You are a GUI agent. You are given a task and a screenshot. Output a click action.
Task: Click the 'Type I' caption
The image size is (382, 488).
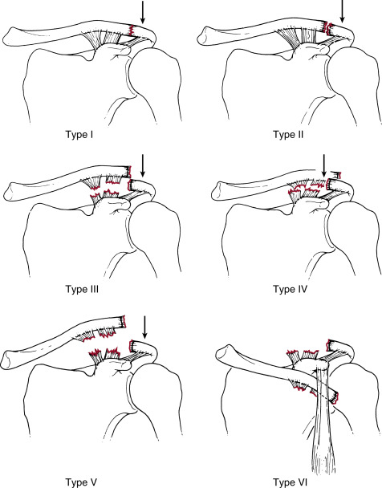(79, 135)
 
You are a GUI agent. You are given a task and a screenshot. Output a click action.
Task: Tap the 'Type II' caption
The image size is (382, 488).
(288, 135)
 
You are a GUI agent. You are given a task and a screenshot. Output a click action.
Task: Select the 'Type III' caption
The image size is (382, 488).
(82, 290)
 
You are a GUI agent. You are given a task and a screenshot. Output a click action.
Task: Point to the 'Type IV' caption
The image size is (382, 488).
(290, 290)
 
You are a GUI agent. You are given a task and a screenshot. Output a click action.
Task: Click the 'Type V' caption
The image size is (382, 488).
(81, 482)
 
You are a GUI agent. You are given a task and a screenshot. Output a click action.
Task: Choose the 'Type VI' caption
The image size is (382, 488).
(290, 482)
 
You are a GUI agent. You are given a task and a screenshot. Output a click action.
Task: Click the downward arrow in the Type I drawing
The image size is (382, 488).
(143, 13)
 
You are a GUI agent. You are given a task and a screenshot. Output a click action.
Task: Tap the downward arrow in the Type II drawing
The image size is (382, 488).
(342, 11)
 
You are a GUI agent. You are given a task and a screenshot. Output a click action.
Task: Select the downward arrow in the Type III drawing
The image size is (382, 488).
(143, 165)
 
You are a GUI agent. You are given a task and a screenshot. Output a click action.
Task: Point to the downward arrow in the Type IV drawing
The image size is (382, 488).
(324, 166)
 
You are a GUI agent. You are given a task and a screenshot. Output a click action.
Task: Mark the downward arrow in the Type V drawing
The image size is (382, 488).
(144, 327)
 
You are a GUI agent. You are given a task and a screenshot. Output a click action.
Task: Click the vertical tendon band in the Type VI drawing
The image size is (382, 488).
(323, 417)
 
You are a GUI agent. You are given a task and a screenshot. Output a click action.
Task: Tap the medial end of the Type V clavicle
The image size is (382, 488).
(6, 360)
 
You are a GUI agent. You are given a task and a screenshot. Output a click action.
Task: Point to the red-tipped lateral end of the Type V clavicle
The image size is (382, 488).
(123, 322)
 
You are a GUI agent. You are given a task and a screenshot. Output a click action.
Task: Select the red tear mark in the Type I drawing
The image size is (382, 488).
(132, 31)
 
